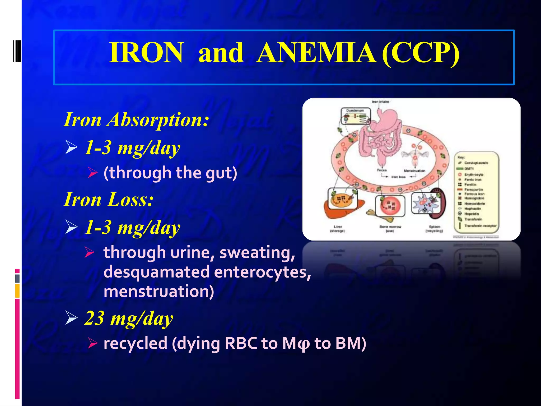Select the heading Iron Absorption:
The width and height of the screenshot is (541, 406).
tap(136, 120)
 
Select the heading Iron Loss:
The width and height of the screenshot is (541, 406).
tap(109, 200)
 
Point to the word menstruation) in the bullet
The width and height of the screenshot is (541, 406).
tap(159, 291)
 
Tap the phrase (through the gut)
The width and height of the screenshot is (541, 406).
tap(170, 173)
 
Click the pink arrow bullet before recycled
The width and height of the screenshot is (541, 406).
tap(93, 343)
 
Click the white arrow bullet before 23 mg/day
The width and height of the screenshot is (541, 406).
tap(71, 318)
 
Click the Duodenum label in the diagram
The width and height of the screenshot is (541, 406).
tap(355, 110)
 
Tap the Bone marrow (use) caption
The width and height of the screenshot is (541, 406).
tap(390, 229)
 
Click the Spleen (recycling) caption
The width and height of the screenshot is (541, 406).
tap(434, 229)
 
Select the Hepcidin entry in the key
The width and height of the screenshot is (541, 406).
tap(472, 214)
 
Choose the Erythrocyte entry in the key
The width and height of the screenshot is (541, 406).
tap(474, 175)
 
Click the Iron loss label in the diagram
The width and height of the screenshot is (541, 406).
tap(398, 177)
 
